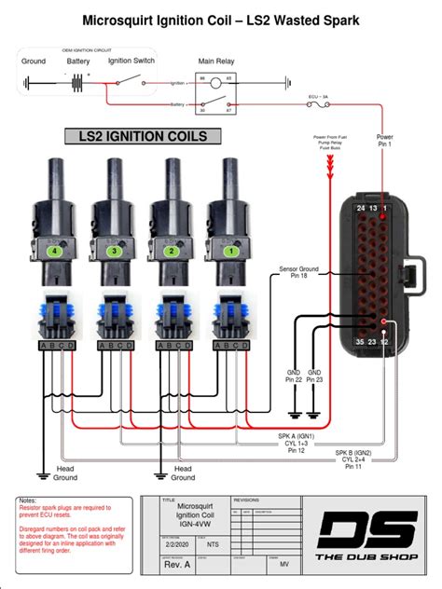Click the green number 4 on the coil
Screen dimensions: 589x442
point(58,251)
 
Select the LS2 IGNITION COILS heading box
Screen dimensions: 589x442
point(142,137)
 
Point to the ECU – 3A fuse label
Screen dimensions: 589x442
point(320,96)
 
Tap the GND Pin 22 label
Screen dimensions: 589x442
point(294,376)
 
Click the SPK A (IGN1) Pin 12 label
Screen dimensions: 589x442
point(297,443)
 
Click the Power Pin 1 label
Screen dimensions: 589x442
point(384,141)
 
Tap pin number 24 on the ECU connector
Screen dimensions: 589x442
point(361,208)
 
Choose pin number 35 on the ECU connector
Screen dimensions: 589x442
point(360,341)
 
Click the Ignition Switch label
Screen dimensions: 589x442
point(131,61)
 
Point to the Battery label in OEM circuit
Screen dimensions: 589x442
point(77,61)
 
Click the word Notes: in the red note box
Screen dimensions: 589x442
point(29,500)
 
